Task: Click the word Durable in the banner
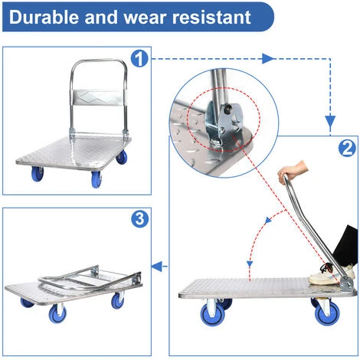point(44,18)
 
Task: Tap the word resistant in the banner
point(211,18)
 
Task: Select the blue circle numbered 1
point(139,59)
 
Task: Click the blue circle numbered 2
point(347,149)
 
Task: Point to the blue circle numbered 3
point(139,219)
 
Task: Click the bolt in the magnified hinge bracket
point(227,109)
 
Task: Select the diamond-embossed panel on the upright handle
point(97,97)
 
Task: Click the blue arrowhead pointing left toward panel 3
point(156,267)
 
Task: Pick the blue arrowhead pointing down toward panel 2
point(330,121)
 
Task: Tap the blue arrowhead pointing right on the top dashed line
point(267,59)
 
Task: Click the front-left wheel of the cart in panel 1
point(38,174)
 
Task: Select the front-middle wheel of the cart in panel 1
point(97,179)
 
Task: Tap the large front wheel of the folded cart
point(57,314)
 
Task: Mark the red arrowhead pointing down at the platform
point(250,264)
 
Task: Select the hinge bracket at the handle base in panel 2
point(347,284)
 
